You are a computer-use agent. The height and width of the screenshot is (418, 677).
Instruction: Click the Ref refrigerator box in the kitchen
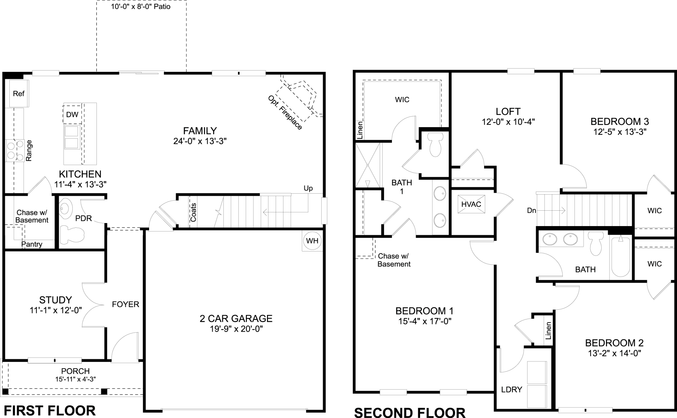point(18,94)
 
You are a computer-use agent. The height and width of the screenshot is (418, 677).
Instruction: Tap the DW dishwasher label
point(72,115)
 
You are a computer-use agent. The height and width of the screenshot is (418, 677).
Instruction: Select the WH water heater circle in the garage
point(312,241)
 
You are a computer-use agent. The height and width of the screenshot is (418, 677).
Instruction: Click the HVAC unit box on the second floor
point(471,204)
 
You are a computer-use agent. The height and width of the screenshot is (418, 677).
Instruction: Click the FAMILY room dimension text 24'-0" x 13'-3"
point(200,141)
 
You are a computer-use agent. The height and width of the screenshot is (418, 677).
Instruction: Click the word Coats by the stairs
point(193,212)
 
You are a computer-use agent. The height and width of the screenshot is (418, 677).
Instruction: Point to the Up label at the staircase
point(308,188)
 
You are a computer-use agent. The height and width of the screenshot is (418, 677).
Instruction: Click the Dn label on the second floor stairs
point(531,211)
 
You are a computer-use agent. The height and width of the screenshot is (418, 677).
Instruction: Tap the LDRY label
point(512,390)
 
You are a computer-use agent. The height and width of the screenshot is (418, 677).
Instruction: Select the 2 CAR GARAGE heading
point(236,318)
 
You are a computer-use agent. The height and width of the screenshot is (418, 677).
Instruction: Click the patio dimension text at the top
point(141,7)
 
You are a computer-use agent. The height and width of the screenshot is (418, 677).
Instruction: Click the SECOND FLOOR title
point(409,412)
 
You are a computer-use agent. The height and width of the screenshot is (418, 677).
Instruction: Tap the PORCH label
point(75,371)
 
